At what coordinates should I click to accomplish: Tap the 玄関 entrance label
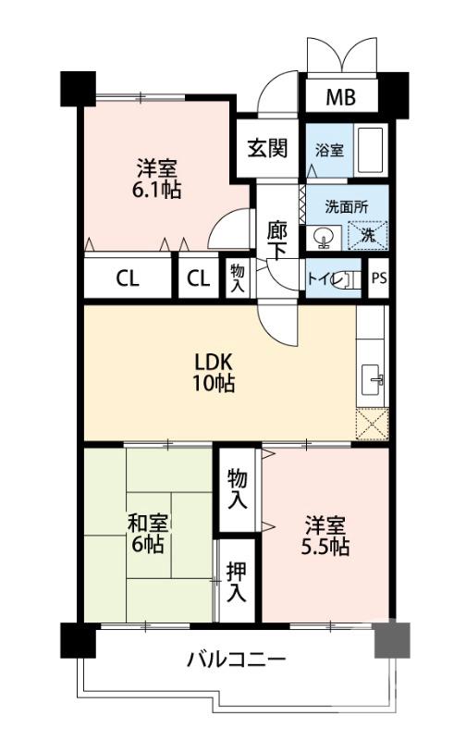point(265,148)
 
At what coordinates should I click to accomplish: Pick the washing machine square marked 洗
point(366,235)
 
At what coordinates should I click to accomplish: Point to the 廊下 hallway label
point(276,240)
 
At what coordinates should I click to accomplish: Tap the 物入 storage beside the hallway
point(239,278)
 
